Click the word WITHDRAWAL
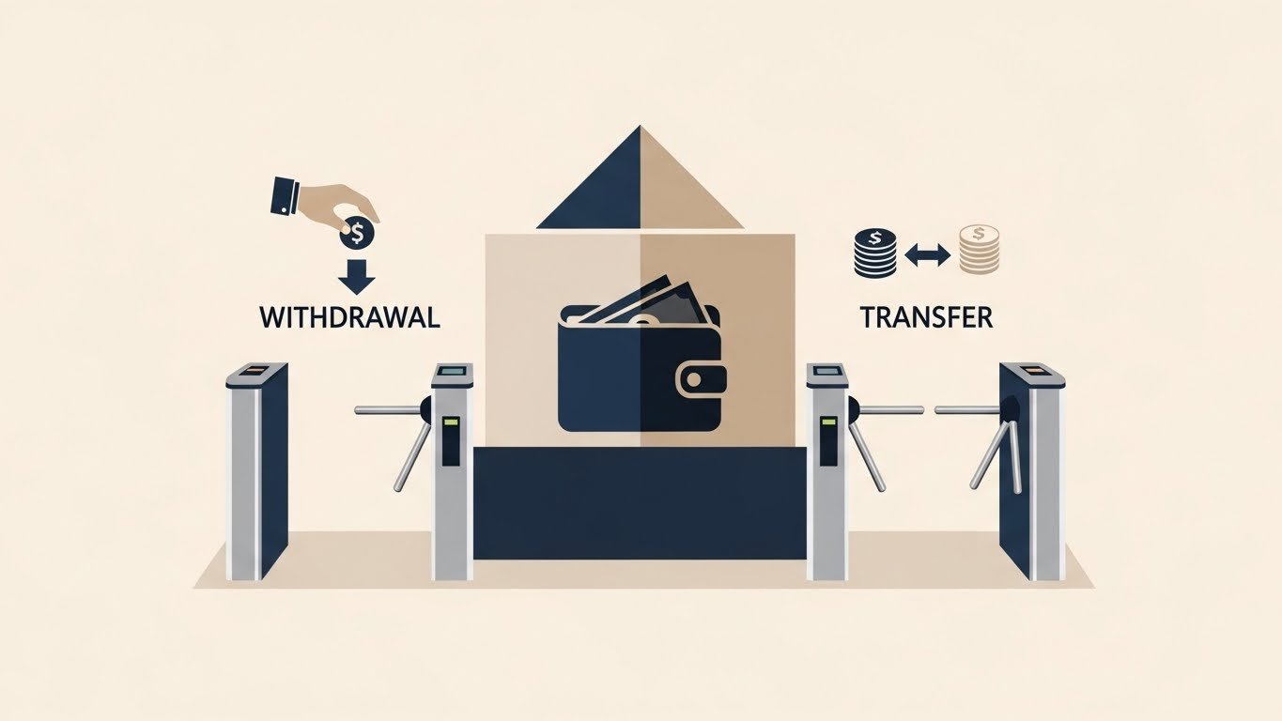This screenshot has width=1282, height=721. point(350,317)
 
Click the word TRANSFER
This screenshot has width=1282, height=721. point(925,317)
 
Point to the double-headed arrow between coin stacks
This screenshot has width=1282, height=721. point(927,253)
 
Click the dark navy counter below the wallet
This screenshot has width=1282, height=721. point(640,502)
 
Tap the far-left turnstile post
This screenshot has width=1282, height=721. point(255,469)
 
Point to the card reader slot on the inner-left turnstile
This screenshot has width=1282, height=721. point(452,441)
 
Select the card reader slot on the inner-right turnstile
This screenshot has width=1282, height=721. point(827,441)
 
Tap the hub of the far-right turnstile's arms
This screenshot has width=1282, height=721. point(1011,409)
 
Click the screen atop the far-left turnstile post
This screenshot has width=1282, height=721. point(254,372)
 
